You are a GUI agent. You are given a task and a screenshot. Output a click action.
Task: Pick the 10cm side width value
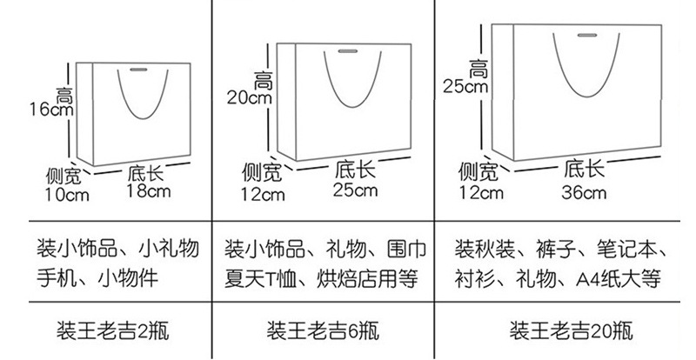67,195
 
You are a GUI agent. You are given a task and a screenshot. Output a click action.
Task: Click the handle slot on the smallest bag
139,69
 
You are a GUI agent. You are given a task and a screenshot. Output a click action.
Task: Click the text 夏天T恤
262,279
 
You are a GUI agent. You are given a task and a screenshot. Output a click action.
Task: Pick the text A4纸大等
619,279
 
